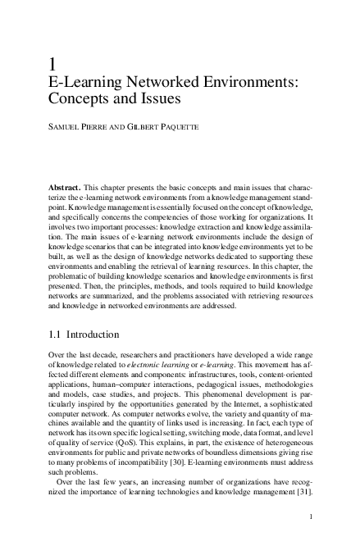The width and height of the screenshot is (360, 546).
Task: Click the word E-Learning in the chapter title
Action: click(87, 83)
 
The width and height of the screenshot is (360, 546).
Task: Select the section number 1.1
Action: click(57, 334)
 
